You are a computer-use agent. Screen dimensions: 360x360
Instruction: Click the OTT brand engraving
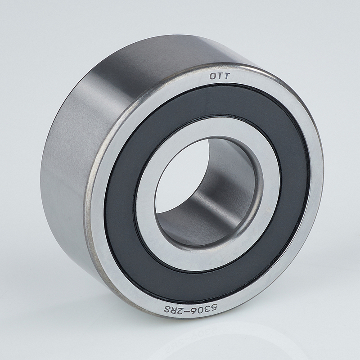pyautogui.click(x=219, y=76)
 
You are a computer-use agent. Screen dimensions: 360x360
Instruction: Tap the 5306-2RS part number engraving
pyautogui.click(x=190, y=309)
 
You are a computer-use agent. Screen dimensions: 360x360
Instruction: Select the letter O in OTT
pyautogui.click(x=212, y=76)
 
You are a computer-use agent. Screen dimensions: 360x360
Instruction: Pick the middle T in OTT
pyautogui.click(x=220, y=76)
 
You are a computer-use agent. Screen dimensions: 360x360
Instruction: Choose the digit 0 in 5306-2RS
pyautogui.click(x=200, y=310)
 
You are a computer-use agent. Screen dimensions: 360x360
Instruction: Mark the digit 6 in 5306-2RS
pyautogui.click(x=193, y=310)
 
